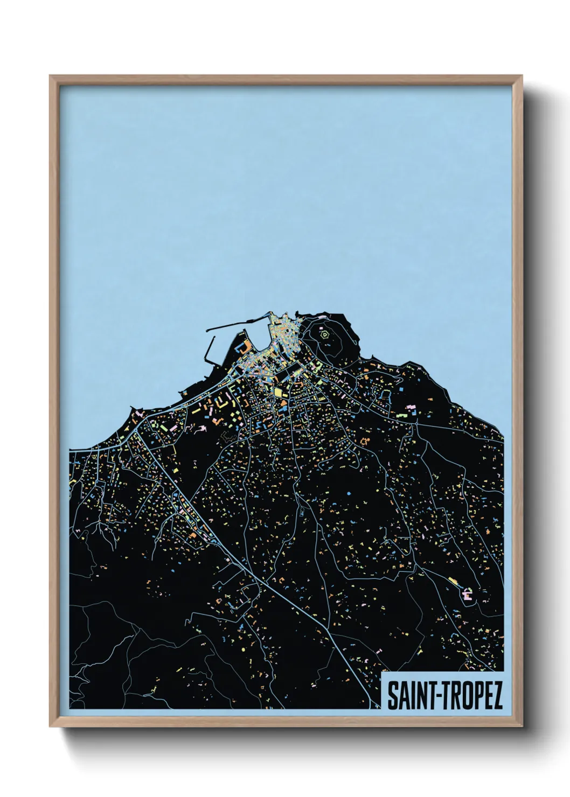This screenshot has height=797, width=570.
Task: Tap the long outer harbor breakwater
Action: [237, 323]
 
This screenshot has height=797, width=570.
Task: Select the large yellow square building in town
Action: [279, 393]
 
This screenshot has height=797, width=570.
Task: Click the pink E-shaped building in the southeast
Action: [467, 595]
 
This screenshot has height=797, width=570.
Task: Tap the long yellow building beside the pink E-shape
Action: [453, 582]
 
